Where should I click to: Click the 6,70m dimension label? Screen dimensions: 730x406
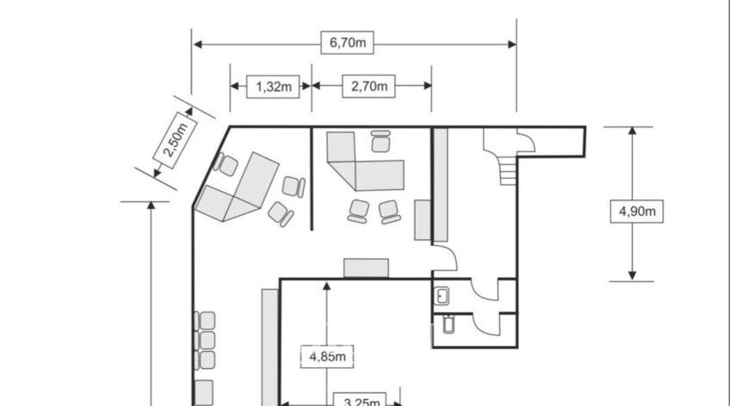347,43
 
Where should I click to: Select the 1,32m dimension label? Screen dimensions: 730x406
273,87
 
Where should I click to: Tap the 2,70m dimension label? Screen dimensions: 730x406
368,86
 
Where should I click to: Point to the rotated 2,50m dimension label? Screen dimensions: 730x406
175,140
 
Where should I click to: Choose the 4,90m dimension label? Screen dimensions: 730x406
637,212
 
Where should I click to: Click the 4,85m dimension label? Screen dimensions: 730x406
327,357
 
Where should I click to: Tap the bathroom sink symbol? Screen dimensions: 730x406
442,296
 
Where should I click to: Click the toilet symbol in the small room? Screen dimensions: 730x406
449,324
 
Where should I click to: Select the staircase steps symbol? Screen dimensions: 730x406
509,170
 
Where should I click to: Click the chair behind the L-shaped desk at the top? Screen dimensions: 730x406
380,141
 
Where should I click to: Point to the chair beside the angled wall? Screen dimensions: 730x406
226,164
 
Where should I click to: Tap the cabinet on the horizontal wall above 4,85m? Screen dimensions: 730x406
366,268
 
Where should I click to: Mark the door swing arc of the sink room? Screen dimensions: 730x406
482,294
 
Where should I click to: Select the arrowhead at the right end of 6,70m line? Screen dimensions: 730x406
512,44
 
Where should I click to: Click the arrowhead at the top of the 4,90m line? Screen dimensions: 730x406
632,131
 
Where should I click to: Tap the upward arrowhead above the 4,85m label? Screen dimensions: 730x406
327,286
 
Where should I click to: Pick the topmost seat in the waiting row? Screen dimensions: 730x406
205,321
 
